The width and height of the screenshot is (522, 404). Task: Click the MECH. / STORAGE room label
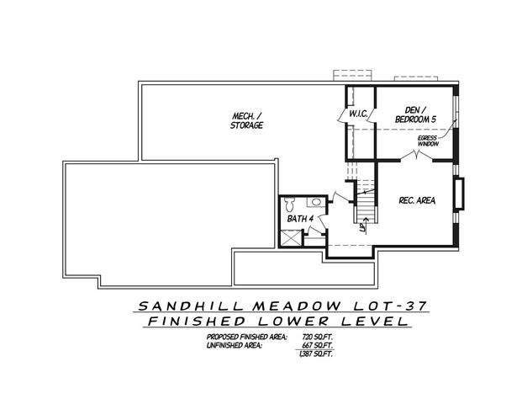(x=247, y=120)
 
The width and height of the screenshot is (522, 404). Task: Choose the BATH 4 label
(x=300, y=219)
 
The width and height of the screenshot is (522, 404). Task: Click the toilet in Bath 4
(x=289, y=203)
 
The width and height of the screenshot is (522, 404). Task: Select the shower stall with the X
(x=291, y=237)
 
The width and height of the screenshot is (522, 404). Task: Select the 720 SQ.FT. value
(x=313, y=337)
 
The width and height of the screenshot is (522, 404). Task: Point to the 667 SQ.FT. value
(x=313, y=345)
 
